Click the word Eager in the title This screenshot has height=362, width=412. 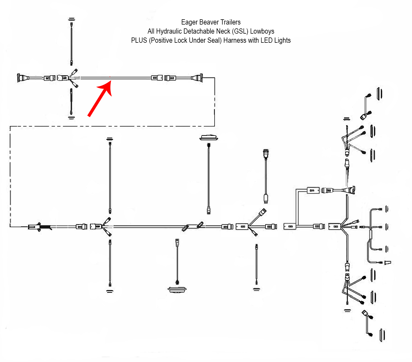coord(189,22)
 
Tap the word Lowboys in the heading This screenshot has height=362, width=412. coord(262,31)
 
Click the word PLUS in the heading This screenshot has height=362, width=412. coord(139,40)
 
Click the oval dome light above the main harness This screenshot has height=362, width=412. coord(209,137)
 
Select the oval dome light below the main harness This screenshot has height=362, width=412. coord(177,289)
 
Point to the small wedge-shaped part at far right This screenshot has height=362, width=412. coord(388,262)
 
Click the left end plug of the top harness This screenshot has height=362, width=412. coord(20,78)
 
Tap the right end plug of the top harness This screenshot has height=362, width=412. coord(199,78)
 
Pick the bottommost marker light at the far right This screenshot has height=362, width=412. coord(382,335)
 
